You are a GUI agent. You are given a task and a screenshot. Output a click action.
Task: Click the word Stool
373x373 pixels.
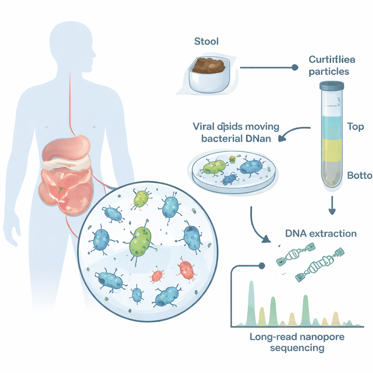pyautogui.click(x=207, y=41)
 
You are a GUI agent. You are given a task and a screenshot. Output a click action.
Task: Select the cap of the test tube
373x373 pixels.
pyautogui.click(x=331, y=86)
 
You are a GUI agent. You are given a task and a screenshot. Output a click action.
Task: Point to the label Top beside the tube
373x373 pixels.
pyautogui.click(x=356, y=127)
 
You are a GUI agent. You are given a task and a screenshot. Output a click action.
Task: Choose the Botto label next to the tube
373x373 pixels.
pyautogui.click(x=359, y=175)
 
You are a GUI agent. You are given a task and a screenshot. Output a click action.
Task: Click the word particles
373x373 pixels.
pyautogui.click(x=329, y=71)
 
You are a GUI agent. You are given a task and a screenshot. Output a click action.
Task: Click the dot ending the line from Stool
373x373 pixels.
pyautogui.click(x=294, y=68)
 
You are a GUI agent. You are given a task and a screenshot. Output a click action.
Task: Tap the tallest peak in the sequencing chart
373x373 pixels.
pyautogui.click(x=251, y=291)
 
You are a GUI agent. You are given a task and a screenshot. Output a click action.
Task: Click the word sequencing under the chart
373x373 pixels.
pyautogui.click(x=297, y=348)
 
